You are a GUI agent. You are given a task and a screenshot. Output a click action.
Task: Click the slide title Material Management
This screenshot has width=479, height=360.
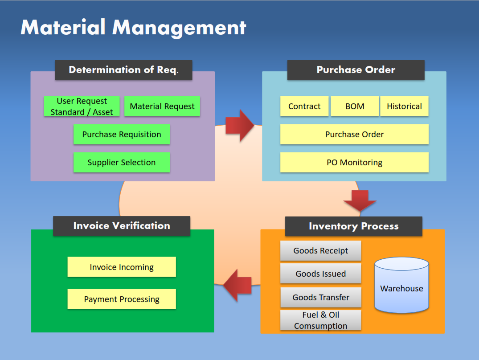pos(133,28)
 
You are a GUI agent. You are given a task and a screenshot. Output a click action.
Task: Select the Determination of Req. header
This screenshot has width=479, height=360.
pos(123,70)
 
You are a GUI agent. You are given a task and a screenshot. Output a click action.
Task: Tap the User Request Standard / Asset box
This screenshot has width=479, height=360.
pos(82,106)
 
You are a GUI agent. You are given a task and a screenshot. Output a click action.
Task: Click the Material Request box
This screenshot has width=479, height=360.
pos(162,106)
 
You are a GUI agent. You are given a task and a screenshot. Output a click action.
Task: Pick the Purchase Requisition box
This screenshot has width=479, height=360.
pos(122,135)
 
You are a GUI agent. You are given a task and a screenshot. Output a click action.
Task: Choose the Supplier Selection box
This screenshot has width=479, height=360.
pos(122,163)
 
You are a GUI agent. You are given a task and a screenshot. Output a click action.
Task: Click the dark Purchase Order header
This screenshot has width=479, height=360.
pos(356,70)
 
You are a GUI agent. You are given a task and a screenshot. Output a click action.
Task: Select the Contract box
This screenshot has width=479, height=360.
pos(304,106)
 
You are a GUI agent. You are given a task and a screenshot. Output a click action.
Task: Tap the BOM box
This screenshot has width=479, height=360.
pos(355,106)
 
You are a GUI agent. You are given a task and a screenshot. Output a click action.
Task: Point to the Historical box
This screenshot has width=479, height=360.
pos(404,106)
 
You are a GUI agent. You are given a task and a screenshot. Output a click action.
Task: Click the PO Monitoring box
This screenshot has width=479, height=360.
pos(354,163)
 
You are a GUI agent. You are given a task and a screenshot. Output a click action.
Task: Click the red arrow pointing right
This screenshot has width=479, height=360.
pos(239,126)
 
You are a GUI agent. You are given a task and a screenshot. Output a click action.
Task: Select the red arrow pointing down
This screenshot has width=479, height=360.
pos(360,200)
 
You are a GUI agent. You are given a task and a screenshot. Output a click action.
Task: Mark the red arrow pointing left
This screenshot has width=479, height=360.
pos(237,285)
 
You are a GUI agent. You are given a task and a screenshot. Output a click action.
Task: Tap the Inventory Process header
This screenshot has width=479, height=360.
pos(353,226)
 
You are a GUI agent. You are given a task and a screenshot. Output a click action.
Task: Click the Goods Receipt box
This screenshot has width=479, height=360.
pos(320,251)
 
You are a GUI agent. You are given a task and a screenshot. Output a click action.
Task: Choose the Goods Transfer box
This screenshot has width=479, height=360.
pos(320,298)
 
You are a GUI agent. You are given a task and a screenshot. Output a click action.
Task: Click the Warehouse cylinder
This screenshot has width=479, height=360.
pos(401,285)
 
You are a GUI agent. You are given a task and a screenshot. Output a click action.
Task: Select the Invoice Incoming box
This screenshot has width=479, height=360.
pos(122,267)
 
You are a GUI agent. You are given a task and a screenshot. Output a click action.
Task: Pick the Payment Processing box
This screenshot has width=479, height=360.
pos(122,299)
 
